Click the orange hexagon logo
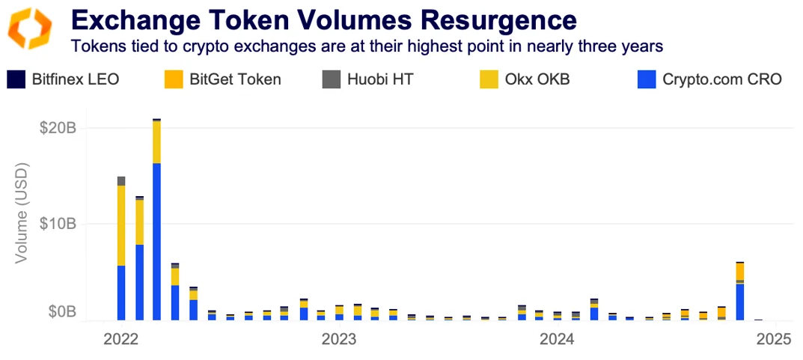click(x=30, y=29)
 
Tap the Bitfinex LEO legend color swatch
click(x=16, y=79)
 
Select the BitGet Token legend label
click(x=235, y=79)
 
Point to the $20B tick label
click(x=58, y=128)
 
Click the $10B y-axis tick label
click(x=58, y=224)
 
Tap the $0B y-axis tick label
click(x=61, y=311)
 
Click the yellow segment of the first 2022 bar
click(x=121, y=225)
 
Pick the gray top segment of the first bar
click(x=121, y=180)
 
